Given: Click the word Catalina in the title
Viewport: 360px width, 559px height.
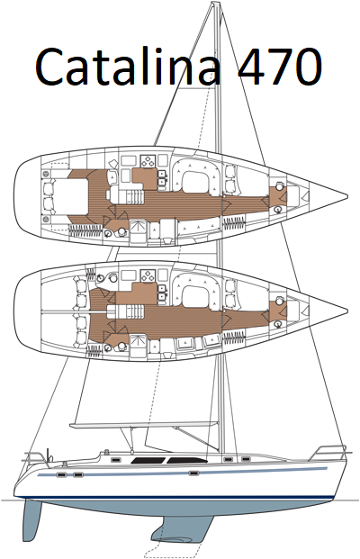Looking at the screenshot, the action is tap(129, 67).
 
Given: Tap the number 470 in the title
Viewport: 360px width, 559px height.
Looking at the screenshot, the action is tap(280, 67).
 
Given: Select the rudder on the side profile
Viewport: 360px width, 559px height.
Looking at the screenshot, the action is tap(32, 516).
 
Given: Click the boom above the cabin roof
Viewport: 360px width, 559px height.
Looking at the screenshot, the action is tap(143, 424).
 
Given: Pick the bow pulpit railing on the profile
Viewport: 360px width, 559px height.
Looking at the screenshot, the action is tap(328, 452).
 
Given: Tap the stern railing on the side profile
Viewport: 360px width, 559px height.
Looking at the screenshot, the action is tap(38, 457).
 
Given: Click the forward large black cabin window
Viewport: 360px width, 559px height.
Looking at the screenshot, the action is tap(187, 460).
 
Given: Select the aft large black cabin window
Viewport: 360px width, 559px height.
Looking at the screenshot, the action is tap(148, 460).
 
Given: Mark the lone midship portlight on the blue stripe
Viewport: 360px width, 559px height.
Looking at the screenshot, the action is tap(193, 473).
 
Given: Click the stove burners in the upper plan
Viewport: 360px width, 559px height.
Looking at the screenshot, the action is tap(148, 161).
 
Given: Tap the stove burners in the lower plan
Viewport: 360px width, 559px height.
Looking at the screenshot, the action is tap(148, 275).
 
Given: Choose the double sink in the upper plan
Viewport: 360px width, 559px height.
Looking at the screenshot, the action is tap(162, 178).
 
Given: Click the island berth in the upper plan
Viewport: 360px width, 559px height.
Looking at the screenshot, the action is tap(66, 197).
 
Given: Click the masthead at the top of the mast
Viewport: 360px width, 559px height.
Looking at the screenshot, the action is tap(215, 5).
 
